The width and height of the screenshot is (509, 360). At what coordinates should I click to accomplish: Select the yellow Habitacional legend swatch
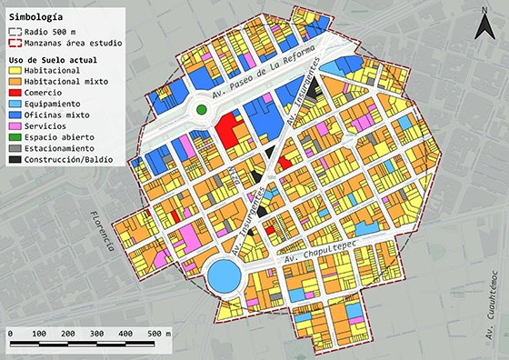15,71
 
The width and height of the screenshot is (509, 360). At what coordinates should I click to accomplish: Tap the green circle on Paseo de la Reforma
203,111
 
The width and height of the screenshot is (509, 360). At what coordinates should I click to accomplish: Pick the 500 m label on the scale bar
162,335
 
